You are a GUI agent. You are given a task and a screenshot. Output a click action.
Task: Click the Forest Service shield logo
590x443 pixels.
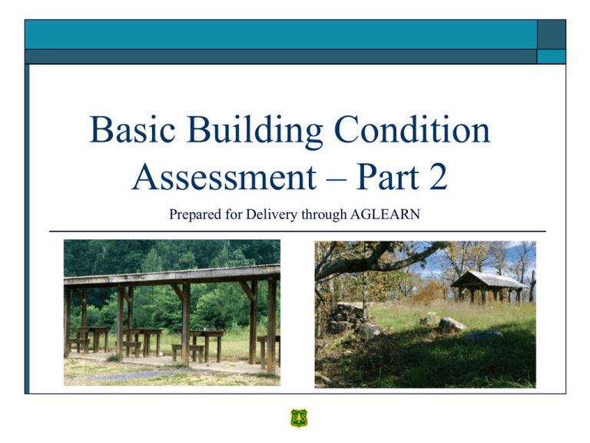click(x=298, y=418)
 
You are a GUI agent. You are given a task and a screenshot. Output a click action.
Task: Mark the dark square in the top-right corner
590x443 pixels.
click(x=552, y=35)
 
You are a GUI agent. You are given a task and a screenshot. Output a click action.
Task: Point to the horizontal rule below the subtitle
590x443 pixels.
click(x=297, y=231)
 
